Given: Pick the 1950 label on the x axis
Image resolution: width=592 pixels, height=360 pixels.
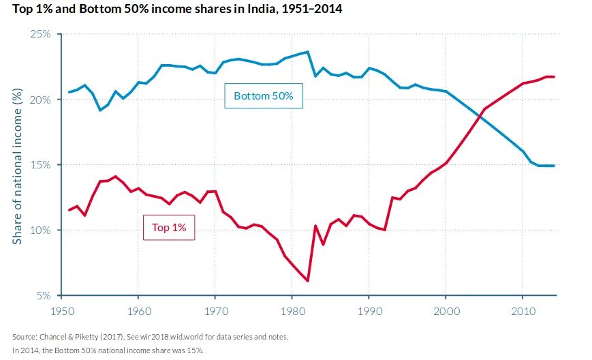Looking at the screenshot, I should [61, 311].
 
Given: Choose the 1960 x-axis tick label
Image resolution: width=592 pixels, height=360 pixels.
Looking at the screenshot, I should [138, 311].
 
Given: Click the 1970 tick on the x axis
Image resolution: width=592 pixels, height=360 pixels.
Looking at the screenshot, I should [215, 311].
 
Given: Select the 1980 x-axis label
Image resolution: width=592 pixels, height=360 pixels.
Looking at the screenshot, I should [292, 311].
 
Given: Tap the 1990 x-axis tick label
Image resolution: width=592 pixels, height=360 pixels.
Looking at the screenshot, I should [369, 311].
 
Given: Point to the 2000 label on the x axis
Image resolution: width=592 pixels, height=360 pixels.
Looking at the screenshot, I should [446, 311].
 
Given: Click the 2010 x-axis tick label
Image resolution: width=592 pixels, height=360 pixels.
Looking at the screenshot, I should [523, 311].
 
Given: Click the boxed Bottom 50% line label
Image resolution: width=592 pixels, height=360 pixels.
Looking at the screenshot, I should [263, 96].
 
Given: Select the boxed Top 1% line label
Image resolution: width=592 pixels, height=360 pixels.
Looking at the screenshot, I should [169, 228].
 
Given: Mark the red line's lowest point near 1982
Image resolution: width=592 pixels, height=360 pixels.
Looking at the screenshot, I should [308, 280].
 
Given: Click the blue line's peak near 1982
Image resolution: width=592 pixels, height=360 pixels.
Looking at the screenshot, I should [308, 52].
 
